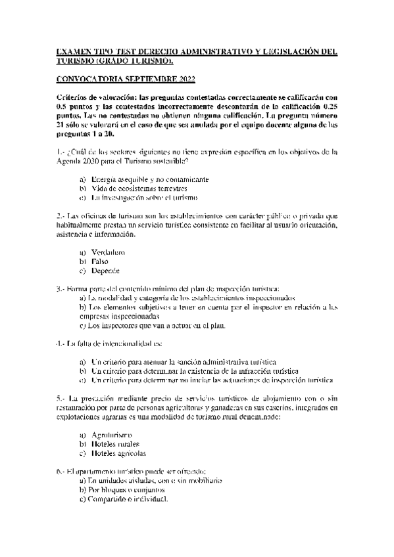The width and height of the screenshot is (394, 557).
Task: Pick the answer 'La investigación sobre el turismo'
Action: tap(144, 197)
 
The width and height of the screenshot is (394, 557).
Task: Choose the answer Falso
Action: tap(100, 261)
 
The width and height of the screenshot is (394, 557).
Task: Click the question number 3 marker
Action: tap(61, 288)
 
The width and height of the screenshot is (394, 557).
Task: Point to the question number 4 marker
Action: tap(61, 344)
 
